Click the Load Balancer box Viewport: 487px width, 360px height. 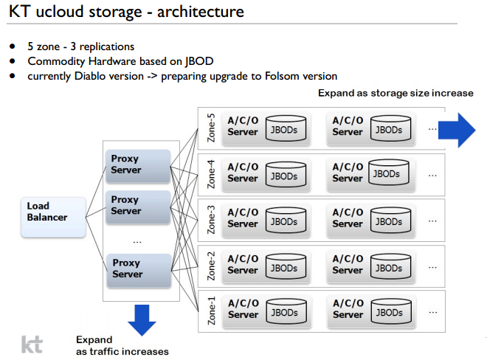(x=53, y=217)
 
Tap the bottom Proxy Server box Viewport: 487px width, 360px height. (x=139, y=269)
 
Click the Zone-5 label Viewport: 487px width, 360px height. (x=211, y=128)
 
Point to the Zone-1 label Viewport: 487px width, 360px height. (x=211, y=311)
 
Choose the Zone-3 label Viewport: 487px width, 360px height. (x=211, y=220)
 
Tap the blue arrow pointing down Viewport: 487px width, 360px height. (x=142, y=319)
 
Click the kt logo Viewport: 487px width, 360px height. (x=32, y=344)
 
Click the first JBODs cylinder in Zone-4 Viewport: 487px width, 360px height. (x=284, y=176)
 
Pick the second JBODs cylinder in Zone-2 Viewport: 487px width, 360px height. (x=390, y=266)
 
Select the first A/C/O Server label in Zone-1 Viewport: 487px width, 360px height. (x=243, y=309)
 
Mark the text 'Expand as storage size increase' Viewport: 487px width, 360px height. (x=396, y=94)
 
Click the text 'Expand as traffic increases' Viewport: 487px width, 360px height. (x=122, y=345)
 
